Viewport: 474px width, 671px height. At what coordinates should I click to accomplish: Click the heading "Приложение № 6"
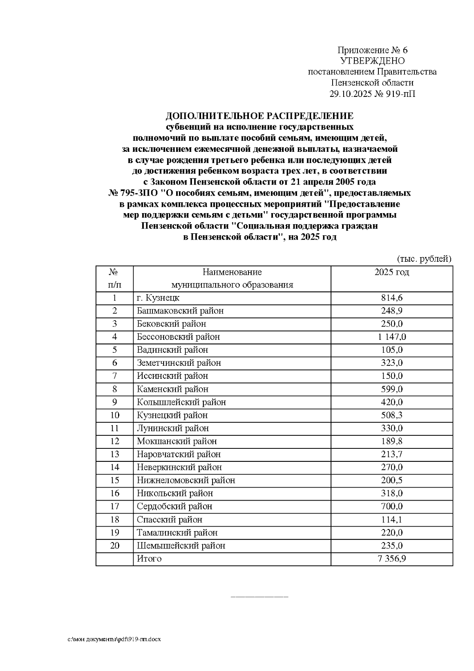click(x=372, y=50)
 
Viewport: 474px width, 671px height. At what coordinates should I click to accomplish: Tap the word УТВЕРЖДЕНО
click(x=372, y=61)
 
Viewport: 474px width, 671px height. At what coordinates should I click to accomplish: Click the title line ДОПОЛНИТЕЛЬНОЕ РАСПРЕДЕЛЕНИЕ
click(x=259, y=116)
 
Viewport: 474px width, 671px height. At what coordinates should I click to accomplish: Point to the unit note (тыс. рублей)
click(x=423, y=259)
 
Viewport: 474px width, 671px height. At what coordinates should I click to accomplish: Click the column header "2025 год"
click(x=391, y=272)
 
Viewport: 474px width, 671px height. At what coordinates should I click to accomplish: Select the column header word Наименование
click(x=232, y=272)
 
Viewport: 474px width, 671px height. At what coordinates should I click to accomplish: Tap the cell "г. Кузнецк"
click(x=158, y=298)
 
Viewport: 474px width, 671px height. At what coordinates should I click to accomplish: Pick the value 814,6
click(x=391, y=298)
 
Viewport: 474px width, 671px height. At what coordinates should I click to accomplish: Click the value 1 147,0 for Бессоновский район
click(x=391, y=337)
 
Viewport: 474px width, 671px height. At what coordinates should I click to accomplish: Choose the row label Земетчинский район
click(x=179, y=363)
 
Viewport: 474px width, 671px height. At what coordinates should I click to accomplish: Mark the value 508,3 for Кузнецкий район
click(x=391, y=415)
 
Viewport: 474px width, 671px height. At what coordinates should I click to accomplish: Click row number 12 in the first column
click(x=115, y=441)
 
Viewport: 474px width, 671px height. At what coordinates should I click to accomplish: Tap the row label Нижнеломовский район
click(x=186, y=480)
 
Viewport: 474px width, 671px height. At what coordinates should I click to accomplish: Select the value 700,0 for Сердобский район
click(x=391, y=507)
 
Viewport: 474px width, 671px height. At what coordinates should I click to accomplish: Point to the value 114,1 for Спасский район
click(x=391, y=520)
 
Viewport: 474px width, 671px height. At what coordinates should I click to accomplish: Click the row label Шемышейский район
click(x=181, y=546)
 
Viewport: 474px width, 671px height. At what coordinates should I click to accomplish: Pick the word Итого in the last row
click(x=149, y=559)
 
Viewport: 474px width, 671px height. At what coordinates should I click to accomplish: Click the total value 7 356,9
click(x=391, y=559)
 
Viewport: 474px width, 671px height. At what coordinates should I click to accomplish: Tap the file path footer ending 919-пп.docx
click(x=114, y=639)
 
